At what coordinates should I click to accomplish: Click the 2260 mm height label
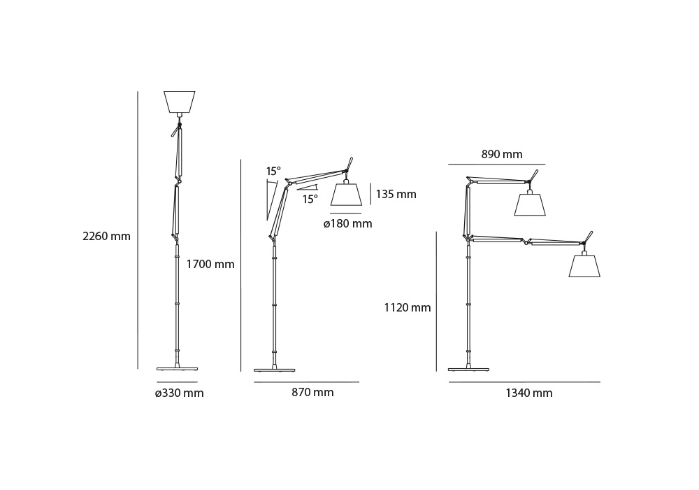coord(106,236)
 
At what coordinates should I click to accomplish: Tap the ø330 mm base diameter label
coord(179,393)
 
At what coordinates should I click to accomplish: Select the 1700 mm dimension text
coord(210,264)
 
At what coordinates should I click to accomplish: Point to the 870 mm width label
coord(312,392)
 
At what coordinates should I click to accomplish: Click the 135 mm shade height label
coord(396,194)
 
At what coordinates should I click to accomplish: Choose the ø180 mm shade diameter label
coord(347,223)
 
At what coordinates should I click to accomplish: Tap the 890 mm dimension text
coord(501,155)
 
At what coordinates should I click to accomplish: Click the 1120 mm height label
coord(408,307)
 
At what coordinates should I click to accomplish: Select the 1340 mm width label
coord(528,393)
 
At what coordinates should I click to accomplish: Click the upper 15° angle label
coord(273,171)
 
